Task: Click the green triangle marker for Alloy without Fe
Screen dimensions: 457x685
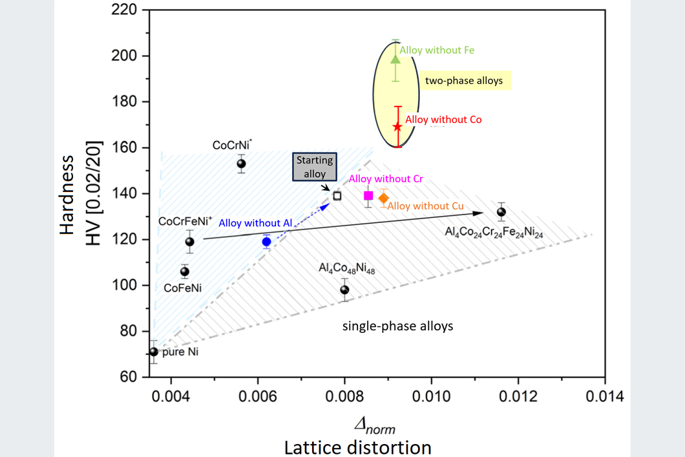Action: (x=395, y=59)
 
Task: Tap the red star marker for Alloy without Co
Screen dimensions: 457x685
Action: (x=397, y=127)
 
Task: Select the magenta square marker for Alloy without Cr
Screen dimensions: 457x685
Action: (x=368, y=196)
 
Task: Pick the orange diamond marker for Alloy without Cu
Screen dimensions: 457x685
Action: (x=383, y=198)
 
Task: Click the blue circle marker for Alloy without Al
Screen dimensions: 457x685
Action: (x=266, y=242)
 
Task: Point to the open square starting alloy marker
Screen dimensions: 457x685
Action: (x=337, y=196)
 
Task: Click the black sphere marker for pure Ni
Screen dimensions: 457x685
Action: (x=154, y=352)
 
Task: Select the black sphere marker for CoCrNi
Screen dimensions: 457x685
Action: (x=242, y=164)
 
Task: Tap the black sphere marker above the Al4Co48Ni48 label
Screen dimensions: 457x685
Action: (x=344, y=290)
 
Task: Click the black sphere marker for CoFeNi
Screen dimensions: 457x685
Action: (x=185, y=271)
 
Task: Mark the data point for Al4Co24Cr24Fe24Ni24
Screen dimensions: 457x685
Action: (x=501, y=212)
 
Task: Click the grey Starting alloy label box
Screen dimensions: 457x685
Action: (x=315, y=167)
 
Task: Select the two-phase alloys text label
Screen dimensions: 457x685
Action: (x=464, y=81)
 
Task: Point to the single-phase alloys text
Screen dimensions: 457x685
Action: (x=397, y=326)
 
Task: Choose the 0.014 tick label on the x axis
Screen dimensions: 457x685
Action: (x=605, y=396)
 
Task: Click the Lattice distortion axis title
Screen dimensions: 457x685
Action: (x=357, y=447)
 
